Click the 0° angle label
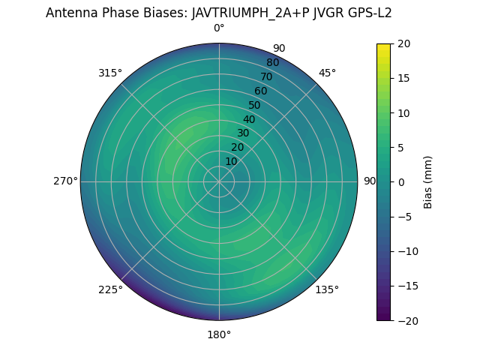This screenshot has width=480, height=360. [219, 28]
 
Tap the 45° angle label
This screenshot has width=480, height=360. [328, 73]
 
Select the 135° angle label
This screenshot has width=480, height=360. [327, 289]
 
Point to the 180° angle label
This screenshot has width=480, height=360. [219, 334]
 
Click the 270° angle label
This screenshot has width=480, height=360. [65, 181]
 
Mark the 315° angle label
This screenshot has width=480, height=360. [110, 73]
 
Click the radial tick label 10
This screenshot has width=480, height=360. [231, 162]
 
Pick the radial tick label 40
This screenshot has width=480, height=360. [249, 119]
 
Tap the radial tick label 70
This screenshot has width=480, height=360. [266, 76]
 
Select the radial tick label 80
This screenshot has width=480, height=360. [272, 62]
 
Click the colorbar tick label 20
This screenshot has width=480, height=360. [403, 43]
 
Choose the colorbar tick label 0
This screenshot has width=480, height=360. [400, 182]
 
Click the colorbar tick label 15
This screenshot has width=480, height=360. [403, 78]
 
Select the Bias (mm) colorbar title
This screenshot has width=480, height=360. [428, 182]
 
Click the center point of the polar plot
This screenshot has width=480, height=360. [219, 181]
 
